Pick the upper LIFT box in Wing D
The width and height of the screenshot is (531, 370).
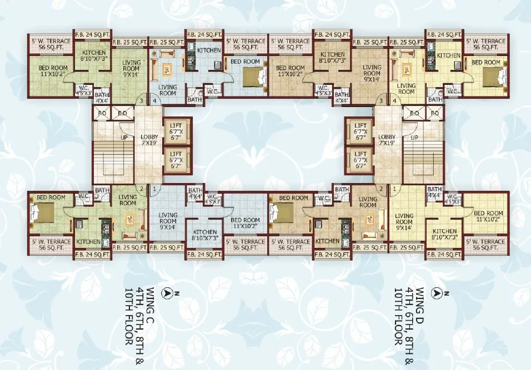pyautogui.click(x=360, y=130)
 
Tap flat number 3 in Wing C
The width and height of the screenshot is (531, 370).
pyautogui.click(x=141, y=101)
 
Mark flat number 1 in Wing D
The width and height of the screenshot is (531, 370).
pyautogui.click(x=394, y=189)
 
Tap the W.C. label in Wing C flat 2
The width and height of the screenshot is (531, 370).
pyautogui.click(x=84, y=195)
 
